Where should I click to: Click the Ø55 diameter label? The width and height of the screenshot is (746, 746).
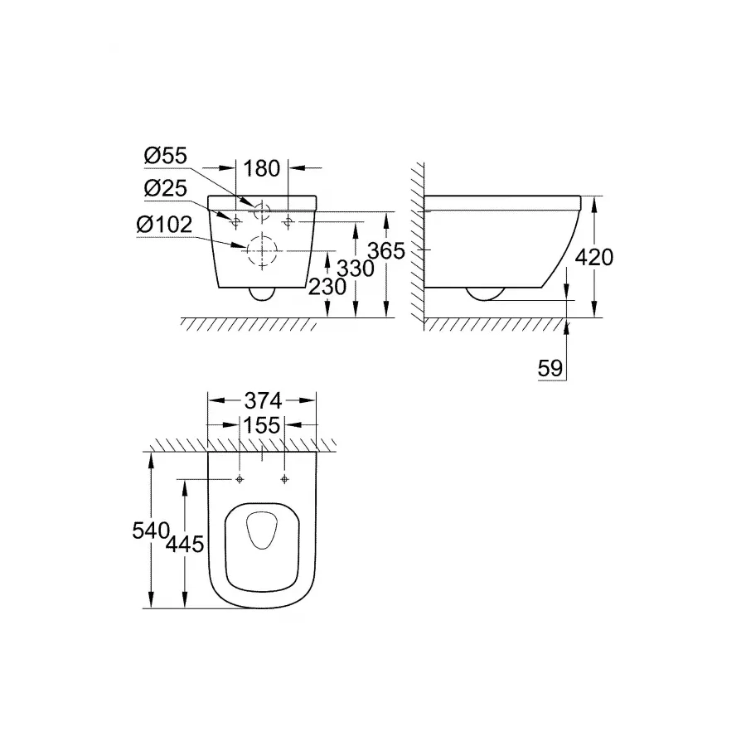click(166, 156)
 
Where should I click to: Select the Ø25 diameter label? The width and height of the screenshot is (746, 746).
click(166, 188)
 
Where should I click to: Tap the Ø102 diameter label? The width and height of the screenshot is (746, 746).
click(168, 224)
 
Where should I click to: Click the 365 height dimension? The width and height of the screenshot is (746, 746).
click(387, 250)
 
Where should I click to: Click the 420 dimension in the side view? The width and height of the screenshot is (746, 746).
click(595, 257)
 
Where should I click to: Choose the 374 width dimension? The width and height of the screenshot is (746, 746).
click(262, 400)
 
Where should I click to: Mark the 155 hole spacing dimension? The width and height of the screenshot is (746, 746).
click(262, 426)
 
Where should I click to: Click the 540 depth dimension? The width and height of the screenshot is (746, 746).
click(151, 530)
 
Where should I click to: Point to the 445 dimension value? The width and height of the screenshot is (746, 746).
click(183, 545)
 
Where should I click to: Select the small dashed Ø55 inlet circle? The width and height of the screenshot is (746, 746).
click(263, 211)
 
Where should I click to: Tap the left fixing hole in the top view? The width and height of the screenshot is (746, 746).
click(240, 480)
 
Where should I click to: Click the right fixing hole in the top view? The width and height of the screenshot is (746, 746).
click(284, 480)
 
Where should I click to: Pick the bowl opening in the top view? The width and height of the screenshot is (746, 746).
click(262, 539)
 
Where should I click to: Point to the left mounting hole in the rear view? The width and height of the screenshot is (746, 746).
click(235, 220)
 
